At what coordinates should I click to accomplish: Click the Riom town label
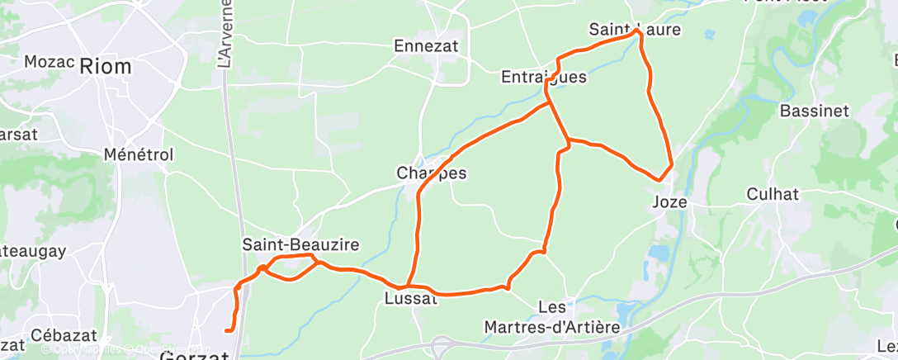[x=105, y=67]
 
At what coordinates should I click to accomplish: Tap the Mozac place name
[x=50, y=62]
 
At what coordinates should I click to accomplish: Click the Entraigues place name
[x=544, y=77]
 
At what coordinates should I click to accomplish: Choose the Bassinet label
[x=814, y=110]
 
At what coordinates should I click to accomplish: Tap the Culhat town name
[x=773, y=194]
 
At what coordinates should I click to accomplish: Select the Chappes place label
[x=432, y=173]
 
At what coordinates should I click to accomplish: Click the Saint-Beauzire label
[x=300, y=244]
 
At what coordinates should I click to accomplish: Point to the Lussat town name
[x=410, y=298]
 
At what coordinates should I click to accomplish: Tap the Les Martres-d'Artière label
[x=578, y=317]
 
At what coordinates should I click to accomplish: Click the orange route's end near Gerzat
[x=227, y=331]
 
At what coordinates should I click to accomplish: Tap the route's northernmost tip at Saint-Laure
[x=637, y=31]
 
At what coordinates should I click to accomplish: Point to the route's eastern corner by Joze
[x=671, y=164]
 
